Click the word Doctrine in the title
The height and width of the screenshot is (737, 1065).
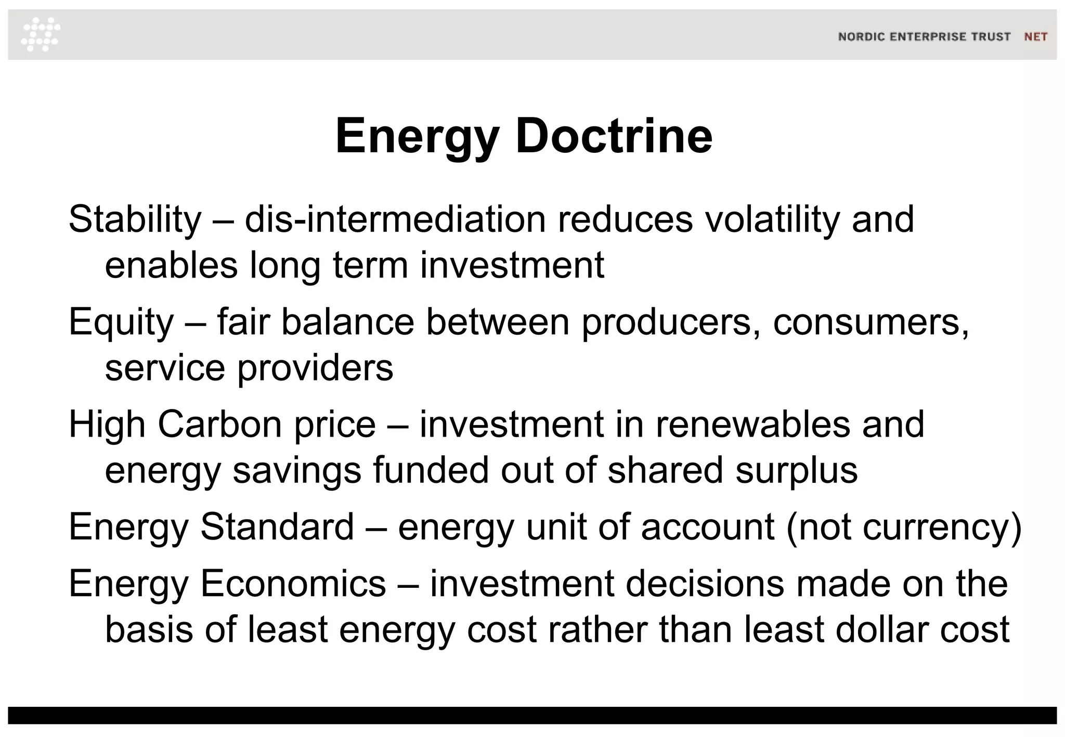click(614, 136)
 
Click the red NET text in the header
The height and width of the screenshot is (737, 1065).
click(1035, 37)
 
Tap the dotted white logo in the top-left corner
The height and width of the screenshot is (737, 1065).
click(41, 34)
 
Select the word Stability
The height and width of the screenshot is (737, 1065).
click(135, 219)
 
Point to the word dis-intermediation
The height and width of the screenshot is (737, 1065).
click(395, 219)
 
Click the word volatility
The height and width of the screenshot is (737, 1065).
click(772, 219)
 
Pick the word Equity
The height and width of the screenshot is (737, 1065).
click(121, 322)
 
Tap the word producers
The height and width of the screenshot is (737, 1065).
click(666, 322)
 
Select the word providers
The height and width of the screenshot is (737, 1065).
click(315, 368)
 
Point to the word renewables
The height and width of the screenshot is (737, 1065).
click(752, 424)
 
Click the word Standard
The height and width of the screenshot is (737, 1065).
click(277, 527)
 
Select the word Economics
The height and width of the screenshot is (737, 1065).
click(293, 583)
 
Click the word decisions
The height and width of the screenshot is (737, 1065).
click(705, 583)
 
